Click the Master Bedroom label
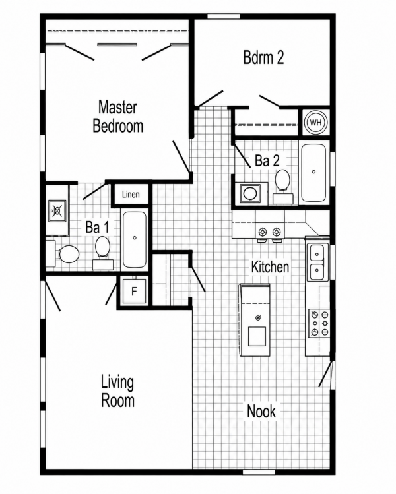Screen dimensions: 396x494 117,116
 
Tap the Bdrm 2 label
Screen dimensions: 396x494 263,57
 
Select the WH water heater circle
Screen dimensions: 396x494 315,122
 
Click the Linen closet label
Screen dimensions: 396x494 131,195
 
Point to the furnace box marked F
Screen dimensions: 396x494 134,292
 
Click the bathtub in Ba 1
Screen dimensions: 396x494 135,239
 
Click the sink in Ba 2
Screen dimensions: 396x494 250,193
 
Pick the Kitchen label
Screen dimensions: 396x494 270,267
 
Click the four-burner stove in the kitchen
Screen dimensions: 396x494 319,323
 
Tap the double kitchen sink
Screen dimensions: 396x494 317,262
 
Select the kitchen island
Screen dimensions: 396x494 255,320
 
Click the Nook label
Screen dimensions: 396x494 261,411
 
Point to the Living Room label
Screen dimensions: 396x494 117,391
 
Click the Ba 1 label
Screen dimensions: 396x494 97,227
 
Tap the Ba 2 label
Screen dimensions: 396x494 267,161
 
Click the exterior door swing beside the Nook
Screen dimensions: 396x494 326,374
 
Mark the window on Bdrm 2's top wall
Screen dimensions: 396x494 224,16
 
